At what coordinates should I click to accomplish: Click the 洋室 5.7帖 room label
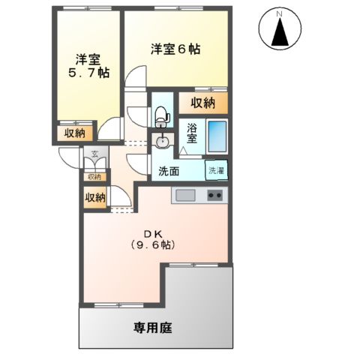pyautogui.click(x=88, y=66)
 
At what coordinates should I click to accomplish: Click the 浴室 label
pyautogui.click(x=192, y=133)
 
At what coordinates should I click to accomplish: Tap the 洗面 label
pyautogui.click(x=169, y=171)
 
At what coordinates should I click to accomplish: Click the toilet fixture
pyautogui.click(x=161, y=115)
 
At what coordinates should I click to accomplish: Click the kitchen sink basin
pyautogui.click(x=184, y=196)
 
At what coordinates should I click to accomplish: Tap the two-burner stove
pyautogui.click(x=214, y=196)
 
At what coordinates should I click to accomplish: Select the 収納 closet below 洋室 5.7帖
pyautogui.click(x=74, y=133)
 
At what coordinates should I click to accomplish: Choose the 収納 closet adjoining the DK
pyautogui.click(x=94, y=197)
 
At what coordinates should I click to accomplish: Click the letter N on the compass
pyautogui.click(x=279, y=14)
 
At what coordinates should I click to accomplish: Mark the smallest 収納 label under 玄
pyautogui.click(x=94, y=177)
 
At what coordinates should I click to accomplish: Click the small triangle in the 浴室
pyautogui.click(x=185, y=150)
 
